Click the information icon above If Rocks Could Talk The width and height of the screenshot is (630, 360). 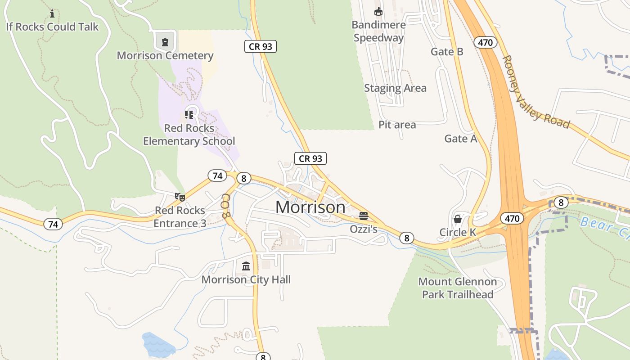coord(52,13)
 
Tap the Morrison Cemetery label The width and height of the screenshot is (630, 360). coord(165,56)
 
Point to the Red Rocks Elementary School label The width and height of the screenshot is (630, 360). coord(189,135)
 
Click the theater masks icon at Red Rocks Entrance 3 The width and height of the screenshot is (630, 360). coord(180,197)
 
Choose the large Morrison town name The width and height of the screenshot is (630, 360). coord(310,207)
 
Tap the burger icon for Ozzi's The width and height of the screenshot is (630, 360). coord(364,216)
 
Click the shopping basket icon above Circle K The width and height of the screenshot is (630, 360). coord(458,219)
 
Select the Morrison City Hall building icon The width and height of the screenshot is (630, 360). coord(246,266)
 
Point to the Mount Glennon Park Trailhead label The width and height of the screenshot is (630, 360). coord(458,288)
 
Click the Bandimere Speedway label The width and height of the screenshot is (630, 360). coord(379,31)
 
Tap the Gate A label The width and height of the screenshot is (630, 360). coord(461,139)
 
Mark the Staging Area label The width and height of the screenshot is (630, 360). coord(395,88)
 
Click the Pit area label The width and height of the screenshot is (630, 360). coord(397,125)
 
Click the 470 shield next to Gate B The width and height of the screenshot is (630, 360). coord(485,43)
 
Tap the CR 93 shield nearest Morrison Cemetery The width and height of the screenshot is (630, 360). coord(261,46)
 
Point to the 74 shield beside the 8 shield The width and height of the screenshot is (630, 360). coord(217,175)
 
